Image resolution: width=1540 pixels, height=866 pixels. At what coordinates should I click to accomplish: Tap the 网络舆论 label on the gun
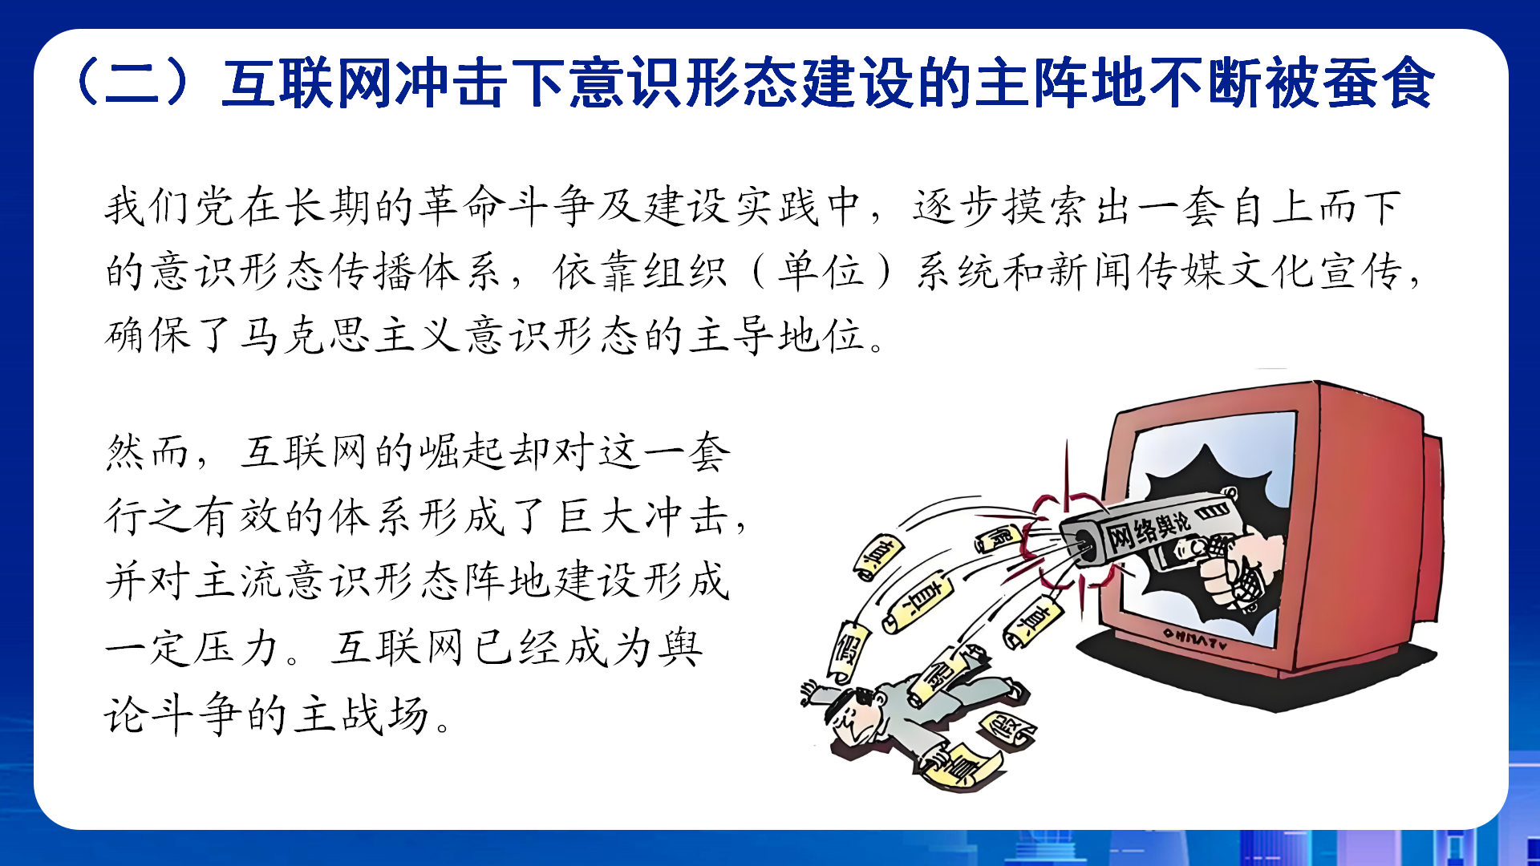click(1149, 529)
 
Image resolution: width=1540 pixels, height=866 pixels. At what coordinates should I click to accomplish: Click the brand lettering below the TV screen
click(1195, 639)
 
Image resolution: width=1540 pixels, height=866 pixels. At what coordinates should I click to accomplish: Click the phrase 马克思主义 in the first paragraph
click(350, 335)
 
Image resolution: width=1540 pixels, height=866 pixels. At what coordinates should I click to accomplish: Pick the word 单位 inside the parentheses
click(821, 271)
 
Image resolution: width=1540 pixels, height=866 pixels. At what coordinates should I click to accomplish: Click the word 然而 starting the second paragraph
click(148, 452)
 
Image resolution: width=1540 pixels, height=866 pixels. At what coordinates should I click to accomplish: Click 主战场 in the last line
click(361, 714)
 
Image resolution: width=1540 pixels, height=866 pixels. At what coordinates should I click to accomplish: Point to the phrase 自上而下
click(1314, 207)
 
